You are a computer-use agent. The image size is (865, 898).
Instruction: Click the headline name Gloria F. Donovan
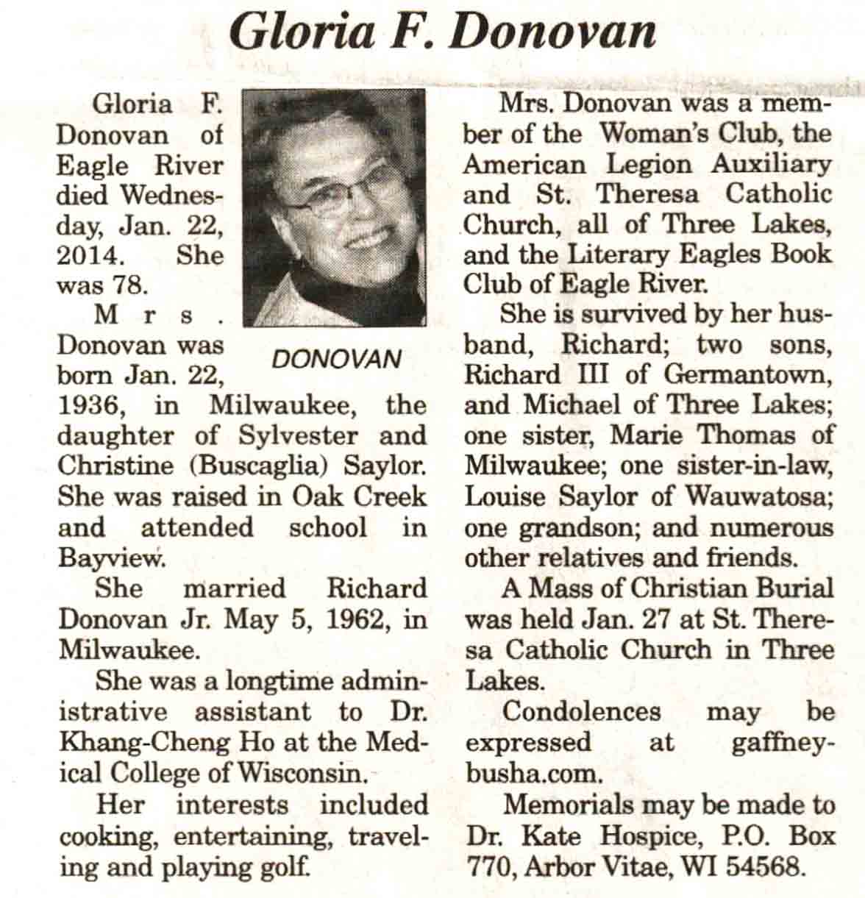(441, 32)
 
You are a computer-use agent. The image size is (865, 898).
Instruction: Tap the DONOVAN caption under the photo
(336, 358)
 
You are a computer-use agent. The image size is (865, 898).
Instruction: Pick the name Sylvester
(290, 435)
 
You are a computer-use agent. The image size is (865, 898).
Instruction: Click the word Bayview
(110, 558)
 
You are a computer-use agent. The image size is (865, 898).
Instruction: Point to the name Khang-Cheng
(145, 742)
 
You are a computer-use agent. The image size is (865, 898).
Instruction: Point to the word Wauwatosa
(759, 496)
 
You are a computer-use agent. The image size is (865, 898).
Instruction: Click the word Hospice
(648, 836)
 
